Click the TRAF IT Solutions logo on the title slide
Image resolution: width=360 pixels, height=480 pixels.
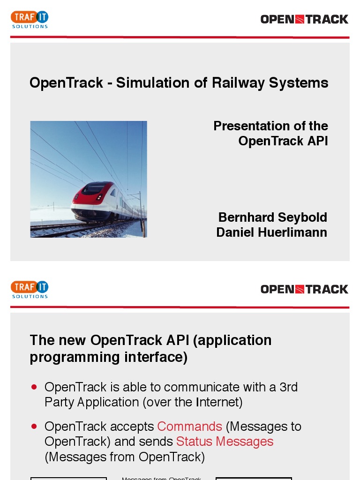[30, 19]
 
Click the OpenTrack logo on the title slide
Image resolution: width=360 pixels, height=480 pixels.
[304, 19]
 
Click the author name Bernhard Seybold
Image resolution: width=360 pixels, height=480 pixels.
[272, 217]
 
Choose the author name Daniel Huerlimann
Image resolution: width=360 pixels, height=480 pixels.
[271, 232]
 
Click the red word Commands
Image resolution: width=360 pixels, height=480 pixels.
[189, 427]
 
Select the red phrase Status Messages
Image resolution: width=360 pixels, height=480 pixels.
[225, 442]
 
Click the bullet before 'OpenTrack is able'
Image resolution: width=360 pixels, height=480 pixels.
[34, 387]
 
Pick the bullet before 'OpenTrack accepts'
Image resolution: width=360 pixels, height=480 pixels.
[34, 427]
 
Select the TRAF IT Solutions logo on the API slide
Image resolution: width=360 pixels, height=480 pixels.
[30, 289]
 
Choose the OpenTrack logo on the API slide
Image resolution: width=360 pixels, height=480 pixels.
[304, 289]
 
